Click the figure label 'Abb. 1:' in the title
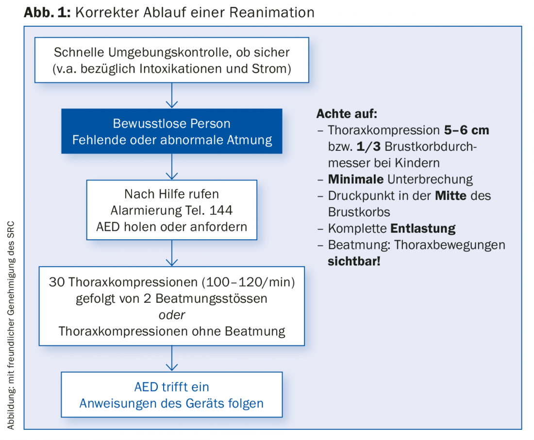47,12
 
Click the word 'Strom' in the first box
270,69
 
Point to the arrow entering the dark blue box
172,96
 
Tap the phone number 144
221,211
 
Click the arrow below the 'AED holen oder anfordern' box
172,253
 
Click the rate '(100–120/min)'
248,282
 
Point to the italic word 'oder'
172,315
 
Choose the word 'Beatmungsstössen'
211,299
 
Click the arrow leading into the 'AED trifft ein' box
172,359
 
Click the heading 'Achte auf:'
347,114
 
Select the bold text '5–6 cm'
467,130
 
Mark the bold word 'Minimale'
355,179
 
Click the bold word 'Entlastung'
423,228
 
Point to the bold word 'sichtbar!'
354,261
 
